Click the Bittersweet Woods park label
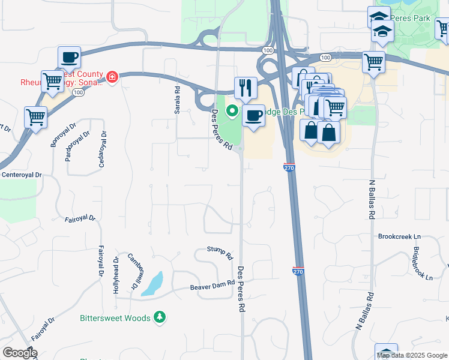[x=114, y=317]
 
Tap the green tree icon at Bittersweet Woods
[x=160, y=316]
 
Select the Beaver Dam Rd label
[x=212, y=286]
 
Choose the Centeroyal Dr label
[x=22, y=175]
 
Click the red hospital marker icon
[x=112, y=77]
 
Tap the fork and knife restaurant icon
[x=245, y=87]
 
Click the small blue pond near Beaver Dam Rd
[x=154, y=283]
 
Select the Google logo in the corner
[x=20, y=353]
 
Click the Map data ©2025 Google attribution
[x=412, y=355]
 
